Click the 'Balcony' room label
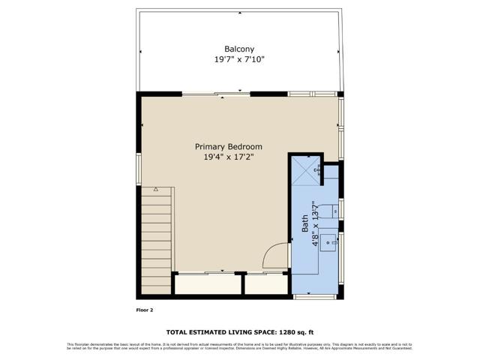239,49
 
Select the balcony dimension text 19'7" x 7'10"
239,58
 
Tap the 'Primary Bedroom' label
229,147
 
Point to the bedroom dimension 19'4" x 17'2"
229,157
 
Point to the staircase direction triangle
155,190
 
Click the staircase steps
156,240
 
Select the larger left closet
208,284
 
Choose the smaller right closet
266,284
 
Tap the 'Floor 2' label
144,308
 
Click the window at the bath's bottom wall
316,298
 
